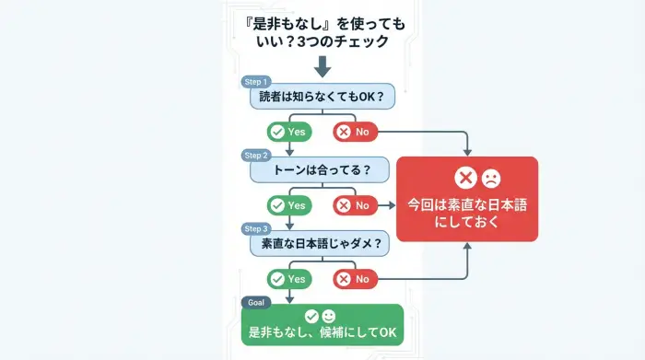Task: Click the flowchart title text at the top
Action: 322,30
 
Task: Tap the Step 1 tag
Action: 256,82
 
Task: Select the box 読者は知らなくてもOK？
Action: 322,97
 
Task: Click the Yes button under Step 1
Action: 288,132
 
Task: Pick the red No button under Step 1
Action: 355,132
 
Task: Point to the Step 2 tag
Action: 256,155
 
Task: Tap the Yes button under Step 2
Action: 288,205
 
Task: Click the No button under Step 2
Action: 355,205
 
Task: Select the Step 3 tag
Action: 256,228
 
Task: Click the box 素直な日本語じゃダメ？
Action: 322,243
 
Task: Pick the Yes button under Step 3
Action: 288,278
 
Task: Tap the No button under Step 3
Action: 355,278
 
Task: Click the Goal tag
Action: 256,302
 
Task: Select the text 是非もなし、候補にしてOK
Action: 322,332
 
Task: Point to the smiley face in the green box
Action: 330,316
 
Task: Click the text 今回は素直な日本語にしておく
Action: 467,213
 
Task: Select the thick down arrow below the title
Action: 322,66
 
